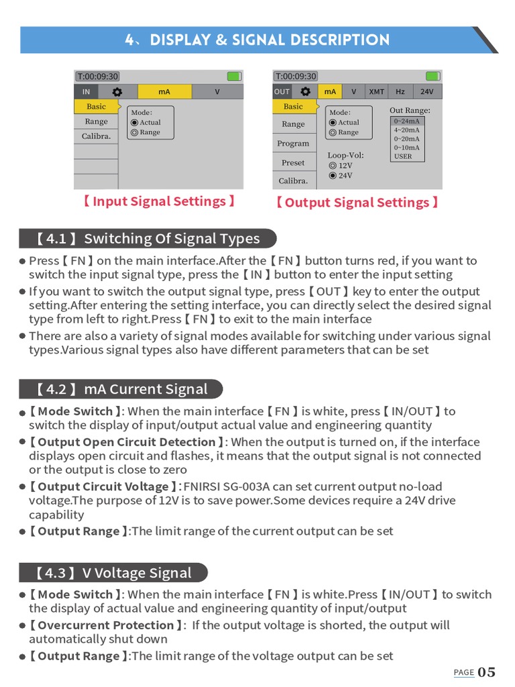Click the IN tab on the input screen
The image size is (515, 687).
tap(86, 92)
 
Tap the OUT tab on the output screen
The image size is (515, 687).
tap(282, 92)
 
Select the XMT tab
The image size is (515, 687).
tap(376, 92)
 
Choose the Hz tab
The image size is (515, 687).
tap(400, 92)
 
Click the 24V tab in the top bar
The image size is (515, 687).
tap(427, 92)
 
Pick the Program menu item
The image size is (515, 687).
tap(293, 144)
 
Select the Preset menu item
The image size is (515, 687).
tap(293, 162)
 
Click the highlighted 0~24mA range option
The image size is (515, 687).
tap(407, 121)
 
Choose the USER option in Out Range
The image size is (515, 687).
tap(404, 156)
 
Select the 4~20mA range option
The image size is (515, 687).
tap(407, 130)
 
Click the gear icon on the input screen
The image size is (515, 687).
tap(117, 92)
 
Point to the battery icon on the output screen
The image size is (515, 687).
tap(433, 76)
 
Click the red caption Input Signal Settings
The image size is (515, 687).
tap(159, 201)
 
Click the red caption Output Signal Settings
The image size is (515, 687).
tap(357, 203)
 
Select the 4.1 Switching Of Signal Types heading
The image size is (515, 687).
tap(148, 239)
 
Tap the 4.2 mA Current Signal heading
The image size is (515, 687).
tap(121, 389)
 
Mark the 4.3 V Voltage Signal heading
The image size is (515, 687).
tap(113, 573)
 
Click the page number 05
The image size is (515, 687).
tap(486, 672)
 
